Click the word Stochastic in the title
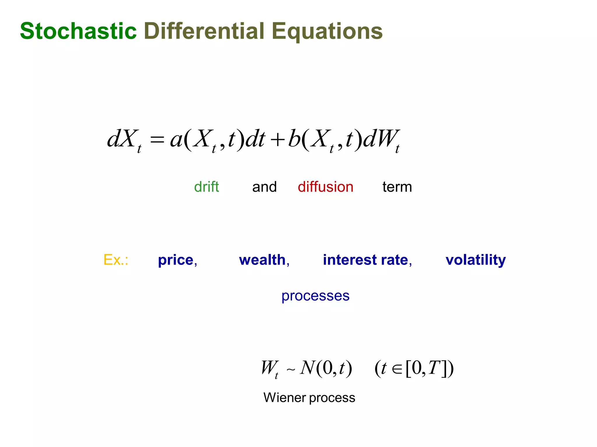[78, 31]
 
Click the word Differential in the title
[204, 31]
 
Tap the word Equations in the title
[327, 31]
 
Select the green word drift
[206, 187]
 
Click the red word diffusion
[325, 187]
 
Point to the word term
[397, 187]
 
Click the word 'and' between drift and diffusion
[264, 187]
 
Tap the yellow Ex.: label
[116, 260]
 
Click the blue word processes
[315, 296]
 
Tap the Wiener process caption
[309, 398]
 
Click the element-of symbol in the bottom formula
[397, 369]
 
